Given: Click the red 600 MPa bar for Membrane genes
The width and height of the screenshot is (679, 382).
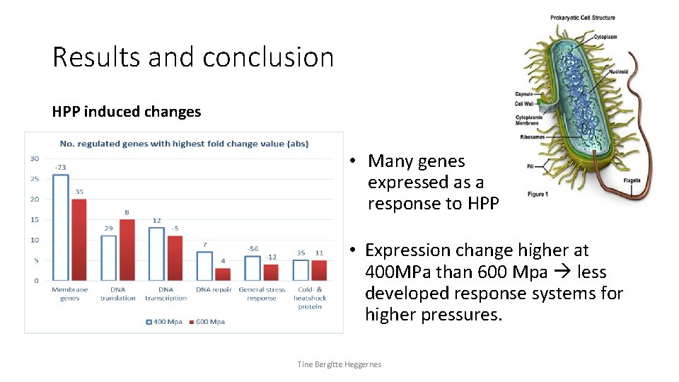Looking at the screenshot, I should (79, 240).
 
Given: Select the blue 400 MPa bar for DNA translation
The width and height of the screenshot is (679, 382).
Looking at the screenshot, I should (108, 257).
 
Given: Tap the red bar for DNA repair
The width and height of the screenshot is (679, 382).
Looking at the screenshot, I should (223, 274).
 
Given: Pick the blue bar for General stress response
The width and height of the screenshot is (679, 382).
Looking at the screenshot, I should (253, 268).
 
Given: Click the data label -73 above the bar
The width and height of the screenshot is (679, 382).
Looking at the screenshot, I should (60, 167).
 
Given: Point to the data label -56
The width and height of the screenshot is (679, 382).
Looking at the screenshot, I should (253, 248).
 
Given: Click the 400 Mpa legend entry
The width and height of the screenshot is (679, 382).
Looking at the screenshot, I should (164, 322).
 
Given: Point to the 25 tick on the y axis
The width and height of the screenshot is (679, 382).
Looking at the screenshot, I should (34, 179).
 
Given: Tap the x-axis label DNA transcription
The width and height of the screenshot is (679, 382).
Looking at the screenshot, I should (166, 294).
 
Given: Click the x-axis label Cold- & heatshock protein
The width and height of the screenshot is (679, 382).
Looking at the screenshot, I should (310, 298).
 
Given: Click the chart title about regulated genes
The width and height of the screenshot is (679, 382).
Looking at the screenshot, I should (184, 144).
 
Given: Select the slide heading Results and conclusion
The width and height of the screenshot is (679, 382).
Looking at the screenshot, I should (192, 57).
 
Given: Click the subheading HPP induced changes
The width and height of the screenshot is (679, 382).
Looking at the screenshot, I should (127, 112).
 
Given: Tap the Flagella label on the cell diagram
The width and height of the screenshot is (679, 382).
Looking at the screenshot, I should (632, 180).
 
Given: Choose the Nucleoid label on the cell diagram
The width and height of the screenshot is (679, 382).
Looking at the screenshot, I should (620, 71).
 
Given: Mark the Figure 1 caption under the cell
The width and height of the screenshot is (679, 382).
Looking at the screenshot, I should (538, 194).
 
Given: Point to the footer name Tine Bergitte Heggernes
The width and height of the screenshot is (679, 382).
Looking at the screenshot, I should (339, 364).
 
